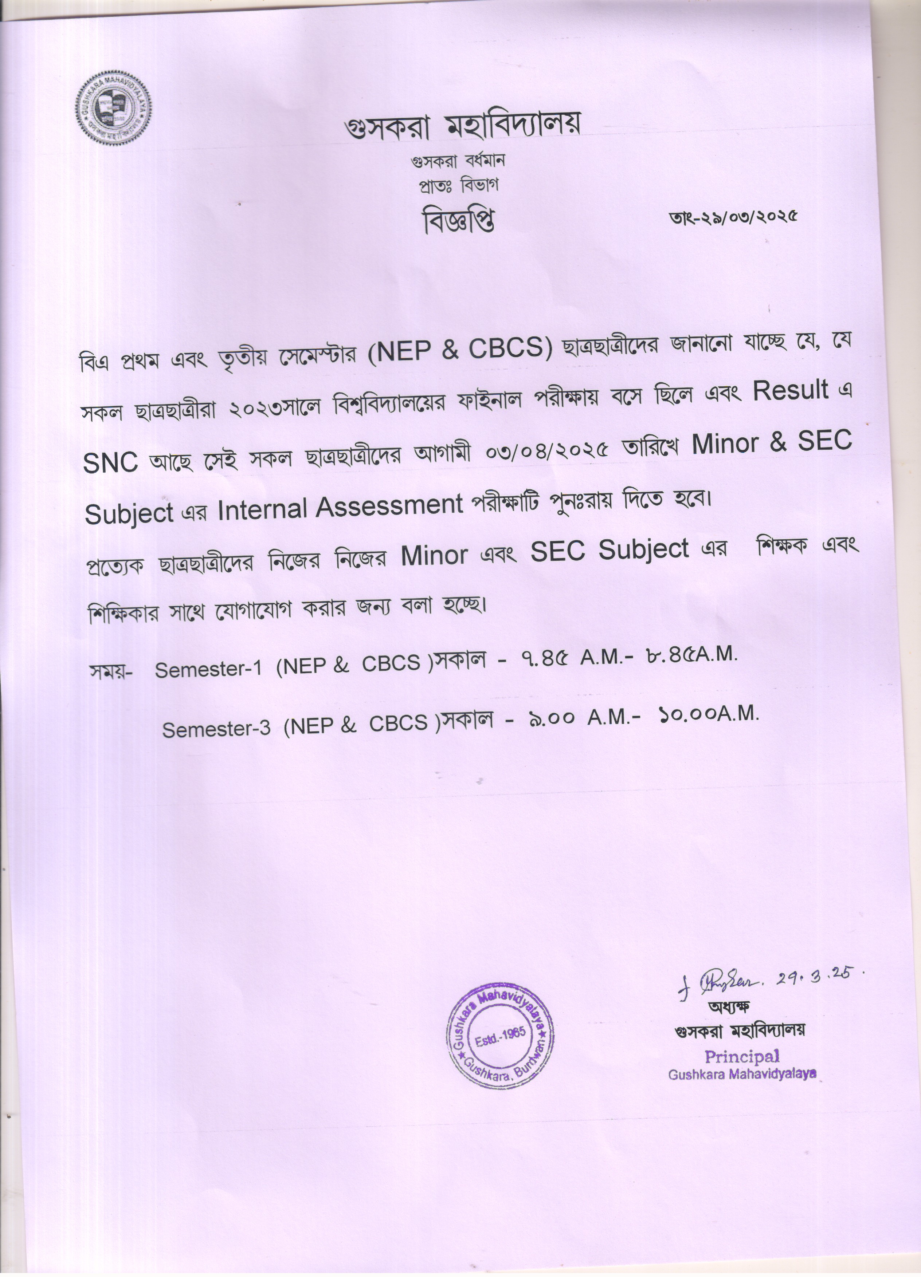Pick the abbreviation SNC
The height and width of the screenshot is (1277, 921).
tap(110, 462)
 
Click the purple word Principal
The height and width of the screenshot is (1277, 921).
tap(741, 1057)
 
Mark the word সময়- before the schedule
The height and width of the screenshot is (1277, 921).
tap(110, 672)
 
